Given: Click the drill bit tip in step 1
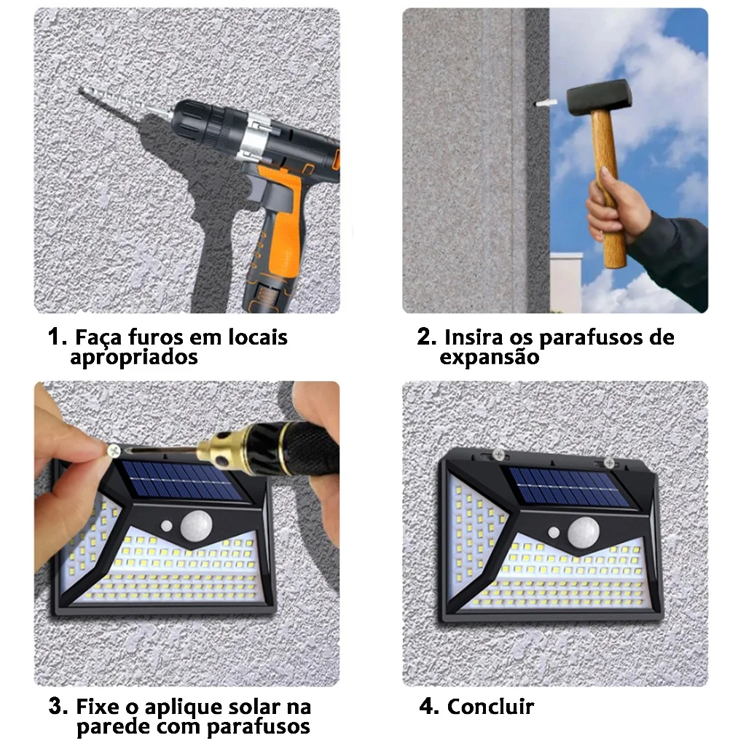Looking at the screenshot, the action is pos(80,90).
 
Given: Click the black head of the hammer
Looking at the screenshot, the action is pos(599,97).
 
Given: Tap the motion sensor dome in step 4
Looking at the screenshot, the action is pos(584,532).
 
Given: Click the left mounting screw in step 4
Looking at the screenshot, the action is pos(498,455).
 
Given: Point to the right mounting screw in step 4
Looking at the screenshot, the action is pos(609,461).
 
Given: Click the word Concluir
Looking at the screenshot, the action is pos(490,707).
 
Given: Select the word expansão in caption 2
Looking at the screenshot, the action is pos(489,357).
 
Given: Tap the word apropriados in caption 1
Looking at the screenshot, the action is pos(134,357).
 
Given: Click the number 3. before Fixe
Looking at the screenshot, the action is pos(58,706).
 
